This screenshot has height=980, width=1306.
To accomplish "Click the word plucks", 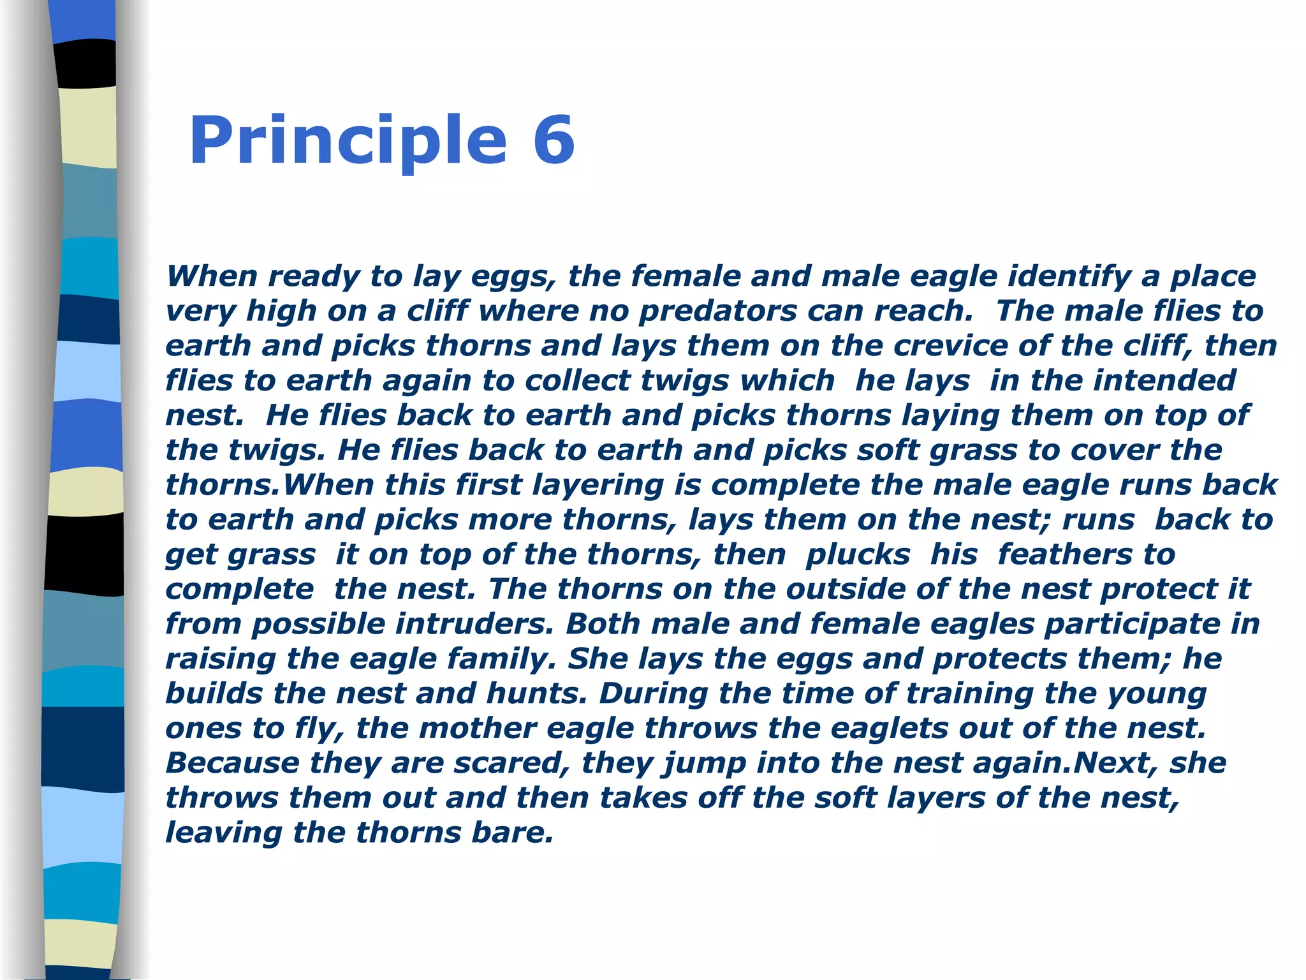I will click(858, 554).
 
